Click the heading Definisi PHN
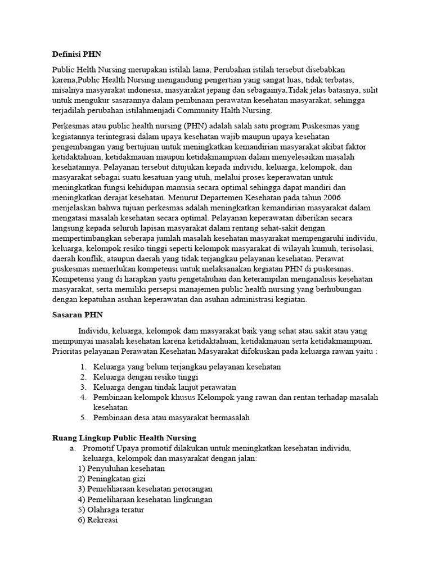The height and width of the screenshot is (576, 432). point(73,55)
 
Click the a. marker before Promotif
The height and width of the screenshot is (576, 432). point(73,448)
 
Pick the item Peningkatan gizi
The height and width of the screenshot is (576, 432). point(112,479)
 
